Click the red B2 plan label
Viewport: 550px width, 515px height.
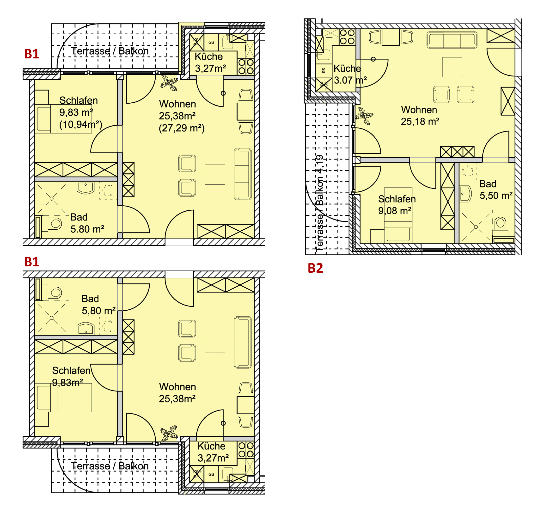tap(315, 268)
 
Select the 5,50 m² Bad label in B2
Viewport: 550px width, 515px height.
tap(496, 196)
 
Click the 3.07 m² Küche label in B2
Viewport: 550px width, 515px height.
tap(350, 80)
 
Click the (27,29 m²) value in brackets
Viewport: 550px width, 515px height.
tap(182, 128)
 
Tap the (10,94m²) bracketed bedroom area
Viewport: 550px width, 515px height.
tap(80, 125)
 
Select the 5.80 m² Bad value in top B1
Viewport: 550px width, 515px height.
tap(87, 229)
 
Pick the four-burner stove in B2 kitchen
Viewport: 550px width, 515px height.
tap(347, 37)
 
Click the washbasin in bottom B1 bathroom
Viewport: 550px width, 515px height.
tap(86, 328)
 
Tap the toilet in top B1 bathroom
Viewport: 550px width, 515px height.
tap(55, 223)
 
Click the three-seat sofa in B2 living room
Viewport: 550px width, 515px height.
tap(452, 40)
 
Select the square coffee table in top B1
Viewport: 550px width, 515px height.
tap(215, 175)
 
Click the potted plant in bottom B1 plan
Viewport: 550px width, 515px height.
tap(169, 433)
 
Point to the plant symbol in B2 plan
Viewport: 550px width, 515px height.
tap(364, 116)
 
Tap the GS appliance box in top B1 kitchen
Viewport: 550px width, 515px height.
tap(211, 42)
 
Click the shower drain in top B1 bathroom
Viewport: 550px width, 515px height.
tap(51, 199)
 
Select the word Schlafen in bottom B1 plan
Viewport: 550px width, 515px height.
tap(71, 371)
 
